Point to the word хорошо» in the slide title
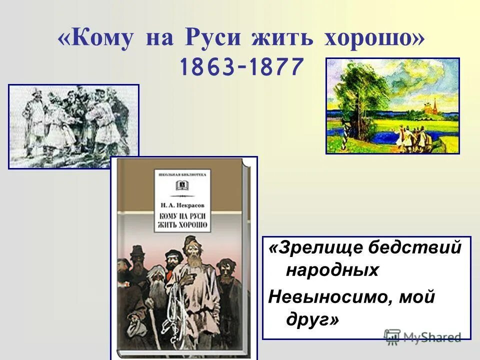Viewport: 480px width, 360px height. click(x=369, y=39)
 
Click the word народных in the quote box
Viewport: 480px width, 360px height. click(x=332, y=270)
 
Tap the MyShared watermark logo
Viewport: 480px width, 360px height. click(x=422, y=337)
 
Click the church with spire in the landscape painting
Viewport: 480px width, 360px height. click(x=433, y=106)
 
